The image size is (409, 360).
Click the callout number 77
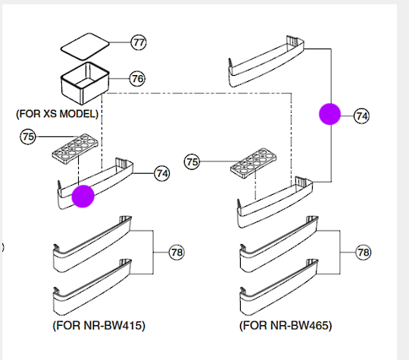tap(138, 42)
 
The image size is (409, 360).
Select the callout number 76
tap(137, 79)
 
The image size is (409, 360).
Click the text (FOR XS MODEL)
tap(58, 114)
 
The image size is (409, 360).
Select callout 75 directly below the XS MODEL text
tap(29, 137)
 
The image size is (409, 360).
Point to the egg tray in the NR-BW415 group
tap(74, 148)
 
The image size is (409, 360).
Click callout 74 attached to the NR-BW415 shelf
tap(161, 173)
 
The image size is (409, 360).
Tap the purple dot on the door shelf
tap(82, 195)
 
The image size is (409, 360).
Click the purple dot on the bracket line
tap(329, 114)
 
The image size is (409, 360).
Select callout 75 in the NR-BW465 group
tap(192, 161)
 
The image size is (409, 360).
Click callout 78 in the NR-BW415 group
tap(176, 252)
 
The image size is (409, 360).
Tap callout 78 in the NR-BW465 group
tap(363, 252)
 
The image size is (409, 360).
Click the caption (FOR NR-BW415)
tap(98, 326)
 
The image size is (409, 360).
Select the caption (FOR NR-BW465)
tap(286, 326)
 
